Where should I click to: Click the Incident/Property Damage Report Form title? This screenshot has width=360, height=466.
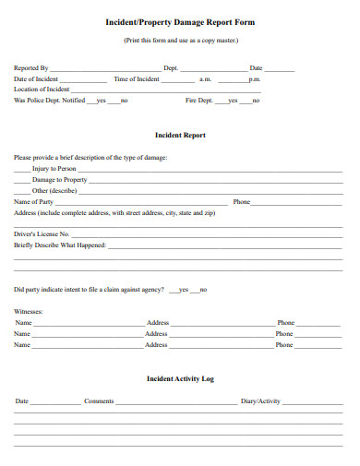pos(181,21)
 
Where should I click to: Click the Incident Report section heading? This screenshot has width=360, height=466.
pos(181,135)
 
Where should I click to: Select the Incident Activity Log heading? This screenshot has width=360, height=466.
pos(181,378)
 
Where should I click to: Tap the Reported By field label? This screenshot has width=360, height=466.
pos(31,68)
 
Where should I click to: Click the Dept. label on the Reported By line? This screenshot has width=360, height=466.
pos(171,68)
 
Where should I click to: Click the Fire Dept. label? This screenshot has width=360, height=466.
pos(199,100)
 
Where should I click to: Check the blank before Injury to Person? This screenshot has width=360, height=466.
pos(22,169)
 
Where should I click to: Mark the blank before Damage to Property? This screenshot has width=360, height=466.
pos(22,179)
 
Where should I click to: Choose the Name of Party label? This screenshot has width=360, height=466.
pos(34,201)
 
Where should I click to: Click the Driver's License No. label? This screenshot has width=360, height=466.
pos(42,234)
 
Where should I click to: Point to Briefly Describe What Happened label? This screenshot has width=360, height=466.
pos(60,245)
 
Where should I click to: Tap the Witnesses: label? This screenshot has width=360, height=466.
pos(29,311)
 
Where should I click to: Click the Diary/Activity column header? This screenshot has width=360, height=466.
pos(260,401)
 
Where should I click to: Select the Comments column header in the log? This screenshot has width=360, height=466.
pos(99,401)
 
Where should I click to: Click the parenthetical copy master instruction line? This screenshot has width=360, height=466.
pos(181,42)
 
